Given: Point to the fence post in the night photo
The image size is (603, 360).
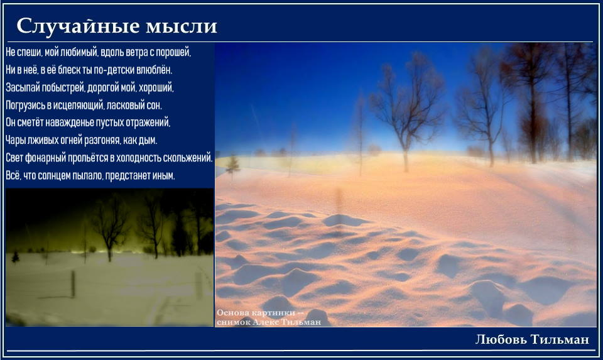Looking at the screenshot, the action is tap(73, 284).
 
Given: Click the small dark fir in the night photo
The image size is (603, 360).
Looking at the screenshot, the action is tap(15, 258).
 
